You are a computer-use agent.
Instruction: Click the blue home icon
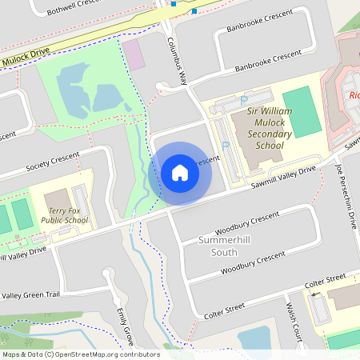(x=180, y=173)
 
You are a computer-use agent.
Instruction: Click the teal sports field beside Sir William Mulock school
(x=302, y=111)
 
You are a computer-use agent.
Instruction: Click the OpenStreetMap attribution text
(x=80, y=354)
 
